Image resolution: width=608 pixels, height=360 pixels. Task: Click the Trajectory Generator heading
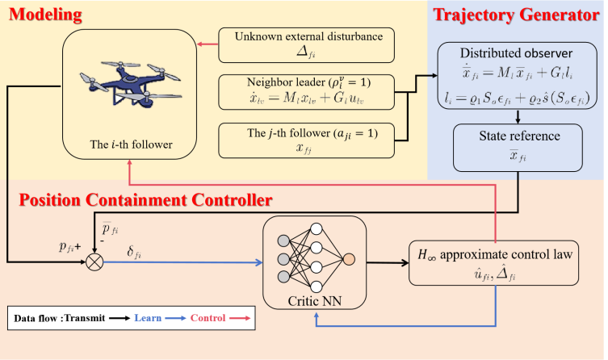pos(520,14)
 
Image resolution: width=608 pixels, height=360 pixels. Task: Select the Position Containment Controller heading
pos(145,198)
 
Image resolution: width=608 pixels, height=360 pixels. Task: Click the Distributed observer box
pos(516,77)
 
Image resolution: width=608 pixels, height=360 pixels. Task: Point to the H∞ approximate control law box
pos(494,262)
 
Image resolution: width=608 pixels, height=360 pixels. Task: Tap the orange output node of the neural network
pos(349,261)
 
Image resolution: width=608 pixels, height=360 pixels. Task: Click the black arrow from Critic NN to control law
pos(387,261)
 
